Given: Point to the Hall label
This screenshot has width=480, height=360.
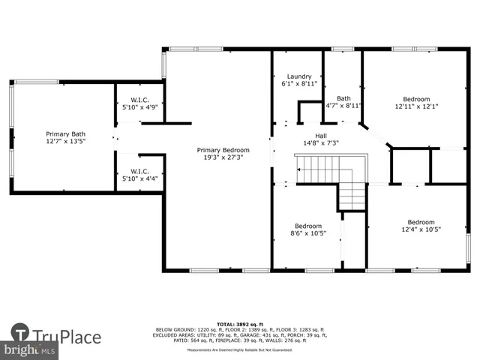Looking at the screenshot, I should click(x=320, y=135).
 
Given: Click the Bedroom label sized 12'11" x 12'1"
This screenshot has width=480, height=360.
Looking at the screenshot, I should click(x=416, y=99).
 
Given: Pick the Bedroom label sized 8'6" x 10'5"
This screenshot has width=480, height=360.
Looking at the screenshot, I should click(x=308, y=226).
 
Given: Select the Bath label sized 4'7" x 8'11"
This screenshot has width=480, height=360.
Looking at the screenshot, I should click(x=343, y=98).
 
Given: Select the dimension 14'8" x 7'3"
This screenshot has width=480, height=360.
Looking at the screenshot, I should click(x=321, y=142).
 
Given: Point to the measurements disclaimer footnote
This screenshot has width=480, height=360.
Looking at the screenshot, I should click(x=240, y=350).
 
